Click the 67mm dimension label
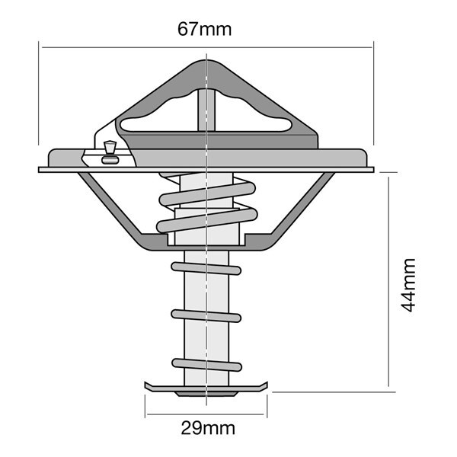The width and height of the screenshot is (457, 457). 205,30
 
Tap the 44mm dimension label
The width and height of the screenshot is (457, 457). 408,285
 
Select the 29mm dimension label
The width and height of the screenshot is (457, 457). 208,428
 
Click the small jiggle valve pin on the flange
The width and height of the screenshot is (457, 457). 110,152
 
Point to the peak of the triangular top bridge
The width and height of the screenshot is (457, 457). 206,61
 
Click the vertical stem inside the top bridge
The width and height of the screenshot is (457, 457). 206,110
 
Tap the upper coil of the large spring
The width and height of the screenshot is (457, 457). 207,194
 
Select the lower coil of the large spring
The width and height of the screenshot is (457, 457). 207,220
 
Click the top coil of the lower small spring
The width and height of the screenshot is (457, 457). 206,268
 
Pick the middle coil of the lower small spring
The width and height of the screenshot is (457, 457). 206,316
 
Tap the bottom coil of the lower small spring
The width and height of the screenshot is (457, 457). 206,365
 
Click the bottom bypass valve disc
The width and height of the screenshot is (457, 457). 206,388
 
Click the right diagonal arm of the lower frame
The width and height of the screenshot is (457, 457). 302,203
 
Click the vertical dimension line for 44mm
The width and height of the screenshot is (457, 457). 388,282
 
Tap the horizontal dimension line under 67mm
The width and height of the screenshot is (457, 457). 207,47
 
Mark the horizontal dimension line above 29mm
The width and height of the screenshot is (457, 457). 206,414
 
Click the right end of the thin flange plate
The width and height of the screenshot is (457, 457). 373,170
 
